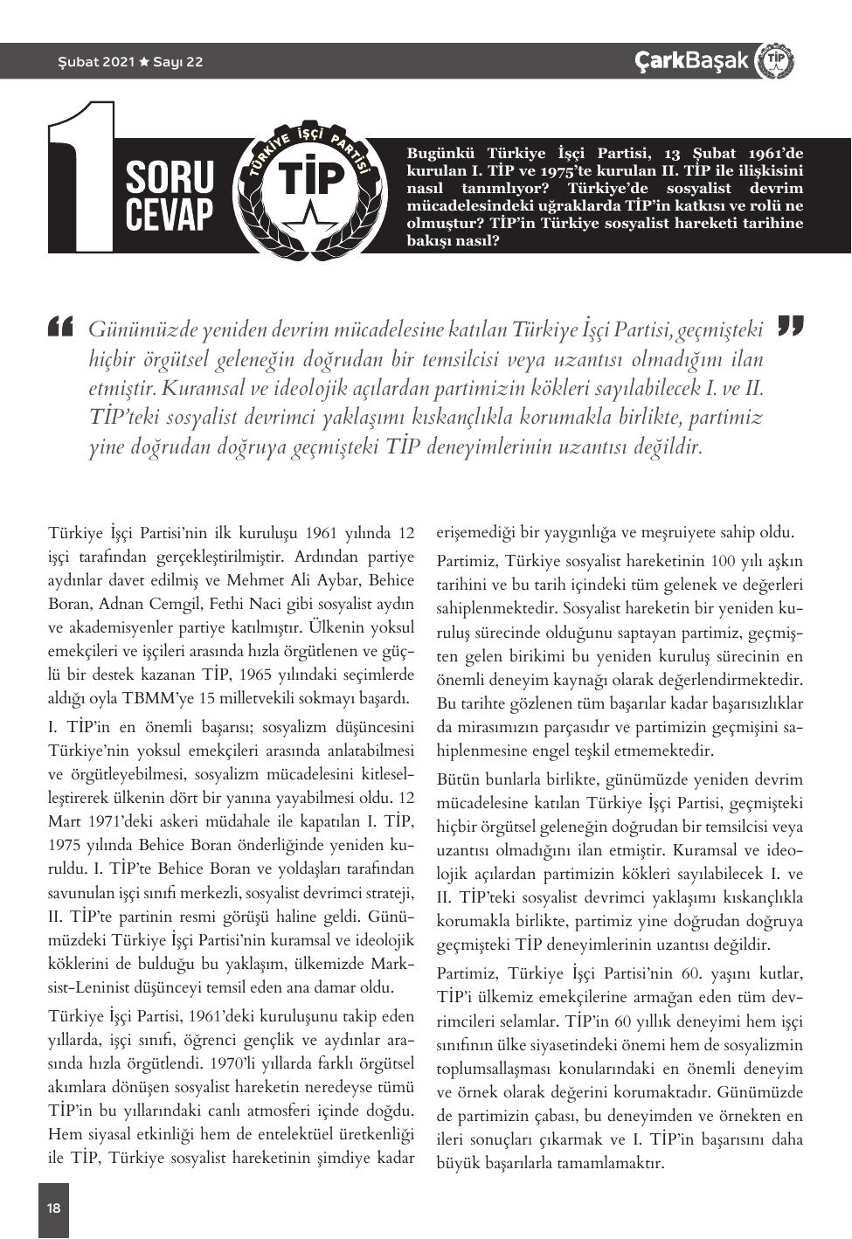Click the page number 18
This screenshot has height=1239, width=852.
54,1208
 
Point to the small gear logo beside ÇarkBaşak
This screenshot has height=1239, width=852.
774,60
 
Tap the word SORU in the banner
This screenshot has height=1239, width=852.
170,177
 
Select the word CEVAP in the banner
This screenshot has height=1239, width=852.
170,215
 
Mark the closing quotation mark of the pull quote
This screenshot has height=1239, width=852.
790,325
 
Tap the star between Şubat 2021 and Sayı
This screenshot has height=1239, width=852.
143,62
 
